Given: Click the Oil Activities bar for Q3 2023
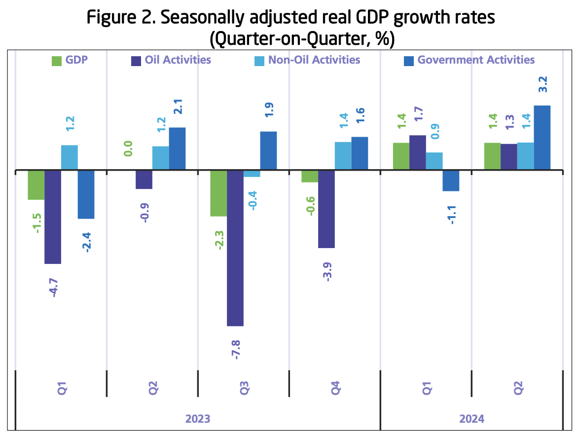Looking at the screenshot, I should (235, 248).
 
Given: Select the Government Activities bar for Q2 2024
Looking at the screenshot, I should (542, 138).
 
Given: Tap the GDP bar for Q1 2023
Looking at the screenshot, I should (36, 185).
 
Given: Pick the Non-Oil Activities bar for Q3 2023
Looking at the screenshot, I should (252, 174).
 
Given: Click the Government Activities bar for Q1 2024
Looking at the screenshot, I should (451, 181).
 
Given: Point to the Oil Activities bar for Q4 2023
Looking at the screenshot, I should (326, 209).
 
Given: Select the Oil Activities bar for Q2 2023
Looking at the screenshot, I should (144, 180).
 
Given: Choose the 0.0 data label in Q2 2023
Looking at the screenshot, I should (127, 148).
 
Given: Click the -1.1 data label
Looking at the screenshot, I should (451, 214).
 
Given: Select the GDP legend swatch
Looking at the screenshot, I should (57, 61).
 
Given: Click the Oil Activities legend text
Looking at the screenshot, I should (178, 60).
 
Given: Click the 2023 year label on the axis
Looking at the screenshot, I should (198, 419).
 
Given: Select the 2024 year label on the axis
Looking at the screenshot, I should (471, 419).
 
